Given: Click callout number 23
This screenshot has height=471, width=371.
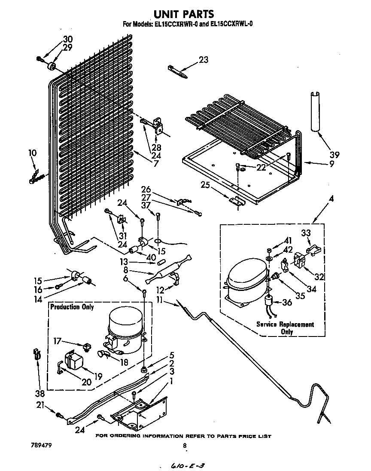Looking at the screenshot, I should coord(203,60).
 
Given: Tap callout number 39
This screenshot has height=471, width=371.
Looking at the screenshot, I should coord(334,155).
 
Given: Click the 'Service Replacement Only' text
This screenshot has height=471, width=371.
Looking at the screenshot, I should coord(285,328).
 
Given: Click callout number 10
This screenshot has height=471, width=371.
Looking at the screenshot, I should coord(33,153).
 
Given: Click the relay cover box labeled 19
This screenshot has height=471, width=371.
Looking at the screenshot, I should coord(73,360).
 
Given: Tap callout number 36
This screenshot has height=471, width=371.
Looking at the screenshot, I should coord(287,302).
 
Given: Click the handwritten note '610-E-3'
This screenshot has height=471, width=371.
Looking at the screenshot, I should coord(185,465).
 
